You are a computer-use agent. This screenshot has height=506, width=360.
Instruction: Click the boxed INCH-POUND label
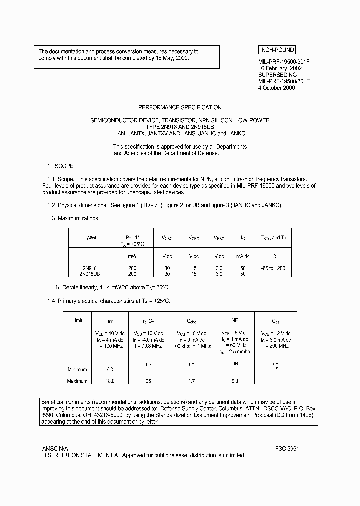coord(277,50)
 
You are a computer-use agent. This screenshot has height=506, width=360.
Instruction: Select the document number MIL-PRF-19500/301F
coord(284,61)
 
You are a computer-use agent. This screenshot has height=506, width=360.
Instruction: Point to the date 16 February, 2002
coord(279,68)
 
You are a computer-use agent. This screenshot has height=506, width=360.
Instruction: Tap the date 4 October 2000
coord(276,88)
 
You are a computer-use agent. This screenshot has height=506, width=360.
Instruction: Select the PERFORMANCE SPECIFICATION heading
coord(179,107)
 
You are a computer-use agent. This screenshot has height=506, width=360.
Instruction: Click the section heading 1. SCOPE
coord(60,166)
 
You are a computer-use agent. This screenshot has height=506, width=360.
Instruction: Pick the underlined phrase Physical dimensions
coord(82,205)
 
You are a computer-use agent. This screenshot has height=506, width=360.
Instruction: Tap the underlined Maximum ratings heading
coord(78,218)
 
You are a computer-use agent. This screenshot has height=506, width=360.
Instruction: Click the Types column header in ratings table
coord(90,237)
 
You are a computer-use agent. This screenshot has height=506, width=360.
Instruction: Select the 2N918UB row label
coord(90,274)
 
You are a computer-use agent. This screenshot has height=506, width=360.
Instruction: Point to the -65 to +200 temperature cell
coord(273,268)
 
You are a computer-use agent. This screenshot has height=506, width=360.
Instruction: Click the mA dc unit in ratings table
coord(243,256)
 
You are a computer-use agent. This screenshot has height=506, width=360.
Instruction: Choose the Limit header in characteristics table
coord(77,320)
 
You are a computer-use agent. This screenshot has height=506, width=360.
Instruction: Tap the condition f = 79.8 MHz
coord(148,346)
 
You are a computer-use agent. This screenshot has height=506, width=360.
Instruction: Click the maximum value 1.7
coord(191,381)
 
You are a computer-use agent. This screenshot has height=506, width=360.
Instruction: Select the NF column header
coord(234,321)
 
